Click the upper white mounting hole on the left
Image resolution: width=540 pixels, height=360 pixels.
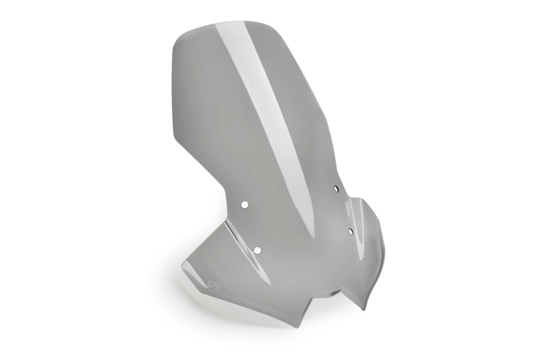coord(245,205)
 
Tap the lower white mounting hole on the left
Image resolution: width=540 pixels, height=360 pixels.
coord(257,250)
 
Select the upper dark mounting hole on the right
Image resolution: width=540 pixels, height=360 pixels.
coord(336,188)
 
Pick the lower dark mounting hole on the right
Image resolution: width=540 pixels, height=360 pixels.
coord(350,232)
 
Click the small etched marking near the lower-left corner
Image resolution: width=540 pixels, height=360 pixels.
coord(214,285)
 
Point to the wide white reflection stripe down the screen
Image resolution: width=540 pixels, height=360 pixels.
coord(264,108)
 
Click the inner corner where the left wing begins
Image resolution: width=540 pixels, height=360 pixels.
coord(226,218)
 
